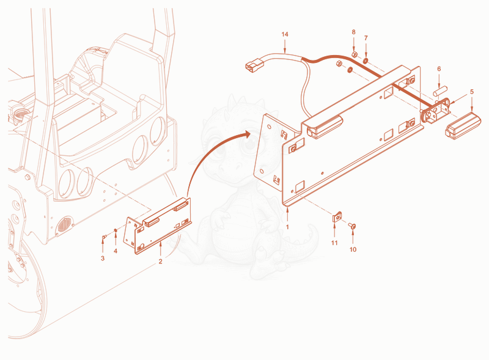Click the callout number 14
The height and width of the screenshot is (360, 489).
[x=285, y=34]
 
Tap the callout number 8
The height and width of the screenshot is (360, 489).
[x=354, y=32]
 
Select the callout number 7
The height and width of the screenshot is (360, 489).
[x=366, y=38]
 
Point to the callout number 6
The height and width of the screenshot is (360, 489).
[x=439, y=68]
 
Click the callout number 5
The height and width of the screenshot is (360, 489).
[x=472, y=92]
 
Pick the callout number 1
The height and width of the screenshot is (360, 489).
[x=287, y=227]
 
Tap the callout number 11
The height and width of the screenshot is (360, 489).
[x=334, y=243]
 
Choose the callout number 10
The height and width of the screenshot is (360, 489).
[x=353, y=249]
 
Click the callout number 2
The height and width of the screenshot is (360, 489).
[x=160, y=262]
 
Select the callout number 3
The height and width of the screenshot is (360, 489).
[x=103, y=259]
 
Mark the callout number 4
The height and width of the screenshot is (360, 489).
[x=116, y=251]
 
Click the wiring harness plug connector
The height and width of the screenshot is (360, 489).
[x=255, y=65]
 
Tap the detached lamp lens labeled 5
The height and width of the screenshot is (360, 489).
[x=463, y=127]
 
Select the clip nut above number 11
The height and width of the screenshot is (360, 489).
[x=337, y=217]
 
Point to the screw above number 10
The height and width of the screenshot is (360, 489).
[x=352, y=226]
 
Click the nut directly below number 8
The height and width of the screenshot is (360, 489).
[x=355, y=55]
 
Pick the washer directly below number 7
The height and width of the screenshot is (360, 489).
[x=366, y=59]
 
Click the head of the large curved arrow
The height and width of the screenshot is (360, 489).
[x=247, y=134]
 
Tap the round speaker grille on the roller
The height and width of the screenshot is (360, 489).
[x=65, y=224]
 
